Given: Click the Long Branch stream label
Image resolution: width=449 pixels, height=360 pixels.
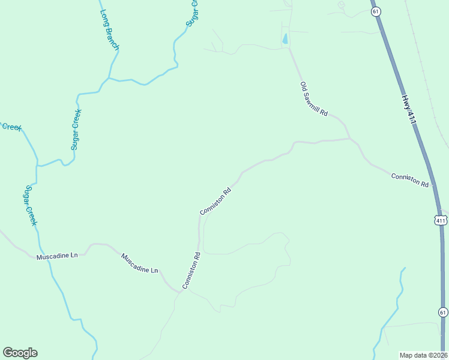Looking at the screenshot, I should pyautogui.click(x=110, y=30).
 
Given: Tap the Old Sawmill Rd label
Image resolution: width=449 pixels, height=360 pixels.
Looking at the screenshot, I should pyautogui.click(x=314, y=99).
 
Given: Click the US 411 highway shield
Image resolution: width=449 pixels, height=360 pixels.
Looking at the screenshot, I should pyautogui.click(x=441, y=220).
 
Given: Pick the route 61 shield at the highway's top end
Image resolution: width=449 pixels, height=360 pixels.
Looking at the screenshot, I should pyautogui.click(x=375, y=11).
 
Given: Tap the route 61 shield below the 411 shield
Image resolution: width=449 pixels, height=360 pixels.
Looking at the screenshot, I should pyautogui.click(x=442, y=312).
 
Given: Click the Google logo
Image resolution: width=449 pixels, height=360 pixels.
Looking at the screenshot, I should pyautogui.click(x=20, y=353).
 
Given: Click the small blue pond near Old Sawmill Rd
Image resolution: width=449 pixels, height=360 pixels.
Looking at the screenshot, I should pyautogui.click(x=285, y=40).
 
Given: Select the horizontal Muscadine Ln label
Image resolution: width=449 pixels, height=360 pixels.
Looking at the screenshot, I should pyautogui.click(x=57, y=256).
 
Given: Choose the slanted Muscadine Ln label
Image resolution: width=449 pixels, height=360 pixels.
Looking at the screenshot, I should pyautogui.click(x=139, y=263).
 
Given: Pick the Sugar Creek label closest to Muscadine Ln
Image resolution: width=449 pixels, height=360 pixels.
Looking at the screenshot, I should pyautogui.click(x=30, y=206).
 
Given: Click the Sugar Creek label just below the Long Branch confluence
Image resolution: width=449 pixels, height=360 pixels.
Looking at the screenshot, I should pyautogui.click(x=76, y=130).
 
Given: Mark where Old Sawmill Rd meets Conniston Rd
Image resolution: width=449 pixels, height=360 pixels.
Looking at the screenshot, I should pyautogui.click(x=351, y=139).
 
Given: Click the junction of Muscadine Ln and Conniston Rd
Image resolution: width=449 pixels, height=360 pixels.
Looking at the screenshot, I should pyautogui.click(x=181, y=291).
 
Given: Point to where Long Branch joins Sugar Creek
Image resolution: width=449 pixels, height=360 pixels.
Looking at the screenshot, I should pyautogui.click(x=108, y=77).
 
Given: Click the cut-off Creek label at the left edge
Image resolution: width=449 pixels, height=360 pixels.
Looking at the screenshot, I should pyautogui.click(x=10, y=127).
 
